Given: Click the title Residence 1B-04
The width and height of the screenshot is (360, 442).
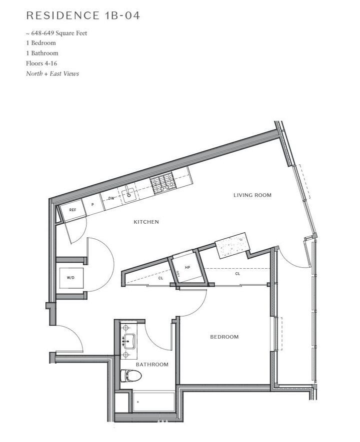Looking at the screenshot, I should point(82,15).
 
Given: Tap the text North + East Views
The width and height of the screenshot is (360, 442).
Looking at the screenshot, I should point(52,73).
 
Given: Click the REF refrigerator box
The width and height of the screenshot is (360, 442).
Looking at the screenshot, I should point(72,210).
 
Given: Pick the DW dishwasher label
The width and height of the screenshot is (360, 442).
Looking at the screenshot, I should point(111,198).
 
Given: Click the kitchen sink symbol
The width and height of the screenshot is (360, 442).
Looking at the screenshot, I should point(129,192).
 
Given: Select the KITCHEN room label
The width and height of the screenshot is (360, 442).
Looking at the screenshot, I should point(146,222).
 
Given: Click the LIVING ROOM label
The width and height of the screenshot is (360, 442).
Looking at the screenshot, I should point(252,195).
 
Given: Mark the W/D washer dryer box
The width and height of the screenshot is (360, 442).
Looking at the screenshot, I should point(71,277).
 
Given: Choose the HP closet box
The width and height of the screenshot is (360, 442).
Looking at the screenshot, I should point(187,267).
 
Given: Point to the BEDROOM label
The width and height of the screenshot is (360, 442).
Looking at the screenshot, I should point(224,337).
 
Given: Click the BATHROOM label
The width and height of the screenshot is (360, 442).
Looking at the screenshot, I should point(152,365).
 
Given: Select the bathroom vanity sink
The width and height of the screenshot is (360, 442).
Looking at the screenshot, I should point(130,342).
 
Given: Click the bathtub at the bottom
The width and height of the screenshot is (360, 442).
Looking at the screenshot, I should point(154,402).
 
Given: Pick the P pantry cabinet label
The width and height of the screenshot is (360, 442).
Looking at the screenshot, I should point(92,205).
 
